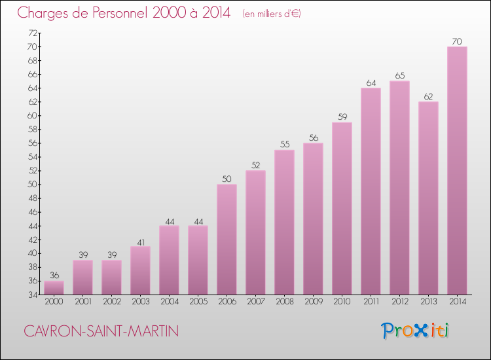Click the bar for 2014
[457, 170]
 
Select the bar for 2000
[54, 288]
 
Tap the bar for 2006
[227, 239]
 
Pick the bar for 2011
[371, 191]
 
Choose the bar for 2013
[428, 198]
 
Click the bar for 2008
[284, 222]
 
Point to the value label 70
[457, 41]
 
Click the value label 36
[54, 276]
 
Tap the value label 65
[399, 76]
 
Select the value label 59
[342, 117]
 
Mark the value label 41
[140, 242]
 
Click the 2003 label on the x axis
[140, 302]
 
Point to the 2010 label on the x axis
[342, 302]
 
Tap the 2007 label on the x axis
[255, 302]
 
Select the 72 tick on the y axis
[31, 33]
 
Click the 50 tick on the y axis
[31, 185]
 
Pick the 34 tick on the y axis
[31, 295]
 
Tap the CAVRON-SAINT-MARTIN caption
[101, 332]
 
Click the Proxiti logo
[415, 331]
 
